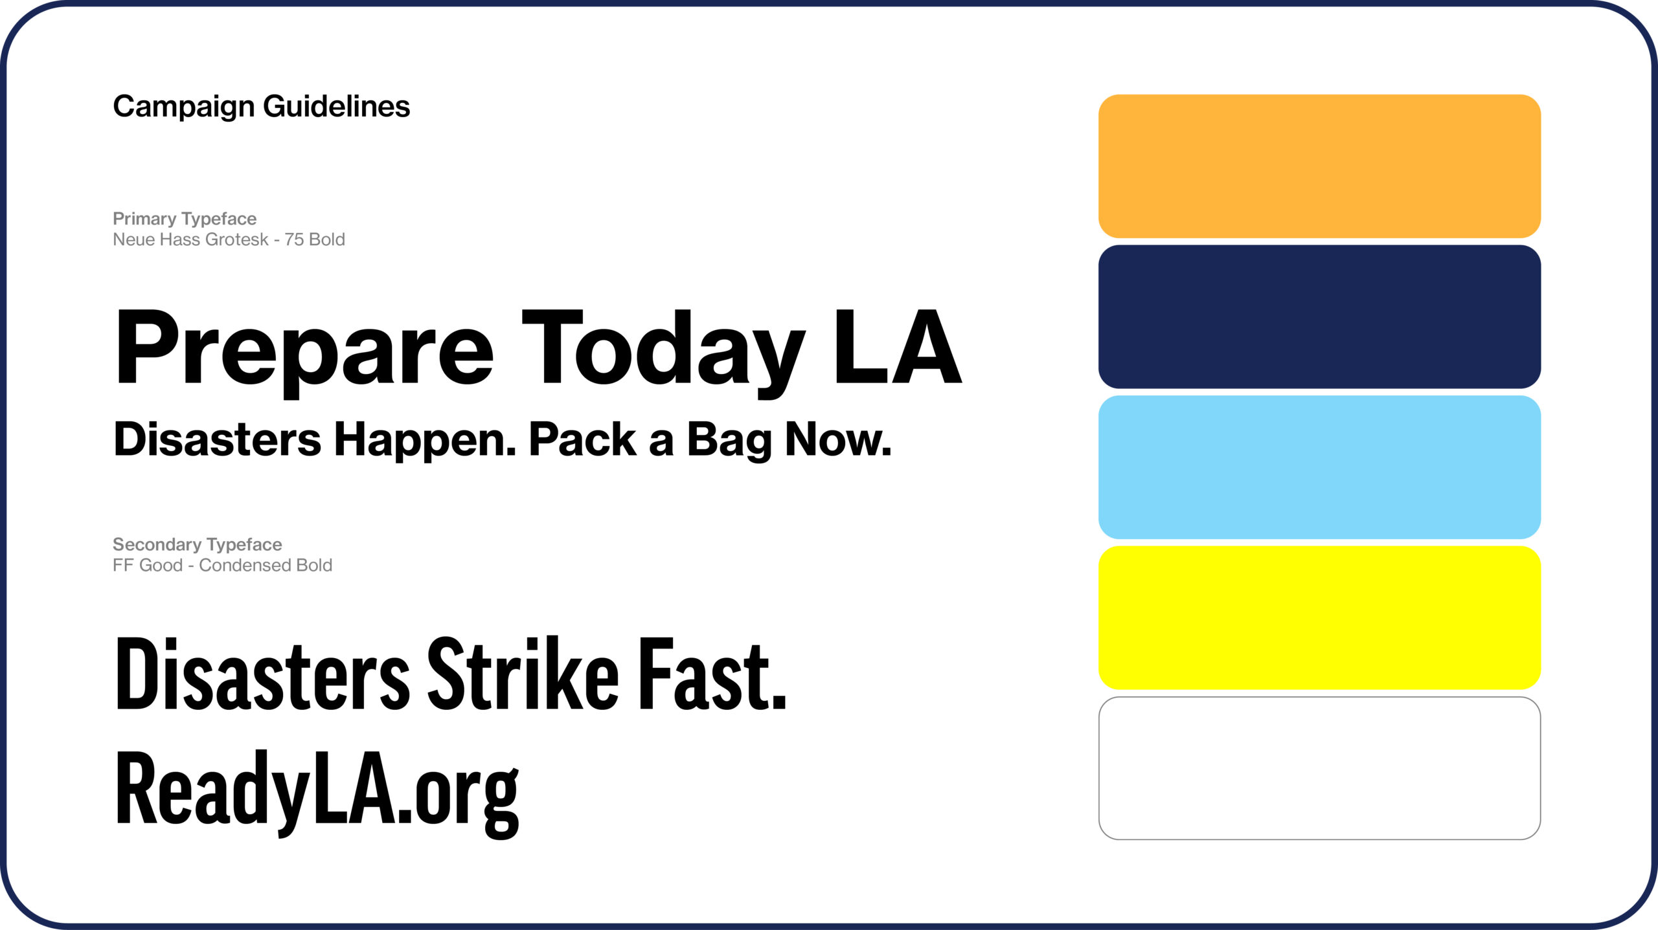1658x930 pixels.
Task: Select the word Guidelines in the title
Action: (x=337, y=106)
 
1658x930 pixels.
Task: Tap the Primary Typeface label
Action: (x=185, y=219)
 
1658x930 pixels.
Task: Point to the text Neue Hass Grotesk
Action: (x=190, y=239)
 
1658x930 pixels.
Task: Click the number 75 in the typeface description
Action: (x=294, y=239)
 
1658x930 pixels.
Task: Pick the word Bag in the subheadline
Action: (x=729, y=440)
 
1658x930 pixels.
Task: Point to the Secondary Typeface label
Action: (x=198, y=544)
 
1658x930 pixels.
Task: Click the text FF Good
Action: (x=148, y=565)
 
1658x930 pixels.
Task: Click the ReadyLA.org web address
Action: (x=317, y=793)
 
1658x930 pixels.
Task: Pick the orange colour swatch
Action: (x=1319, y=166)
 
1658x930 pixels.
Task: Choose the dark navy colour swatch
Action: (x=1319, y=316)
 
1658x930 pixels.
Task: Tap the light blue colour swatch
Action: (x=1319, y=467)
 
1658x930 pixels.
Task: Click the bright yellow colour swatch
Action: (x=1319, y=617)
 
